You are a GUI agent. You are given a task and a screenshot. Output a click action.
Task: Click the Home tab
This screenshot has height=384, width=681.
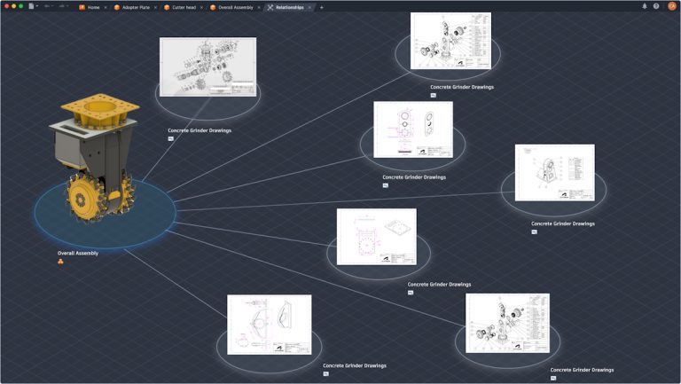[x=92, y=7]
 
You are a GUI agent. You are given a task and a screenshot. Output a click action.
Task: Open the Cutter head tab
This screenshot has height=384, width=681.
[x=184, y=7]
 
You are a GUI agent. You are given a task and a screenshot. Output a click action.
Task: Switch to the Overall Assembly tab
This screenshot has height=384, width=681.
[x=235, y=7]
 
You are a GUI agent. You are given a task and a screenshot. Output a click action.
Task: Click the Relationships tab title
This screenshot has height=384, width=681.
[x=289, y=7]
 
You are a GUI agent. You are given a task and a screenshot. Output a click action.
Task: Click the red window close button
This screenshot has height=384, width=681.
[x=6, y=6]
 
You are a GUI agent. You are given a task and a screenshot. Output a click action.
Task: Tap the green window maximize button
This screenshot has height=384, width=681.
[x=20, y=6]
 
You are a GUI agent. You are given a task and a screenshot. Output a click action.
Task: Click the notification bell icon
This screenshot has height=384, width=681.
[x=645, y=6]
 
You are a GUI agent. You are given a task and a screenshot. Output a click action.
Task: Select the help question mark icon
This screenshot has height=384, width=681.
[x=656, y=6]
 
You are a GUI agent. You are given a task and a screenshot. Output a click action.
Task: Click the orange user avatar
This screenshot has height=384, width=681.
[x=671, y=6]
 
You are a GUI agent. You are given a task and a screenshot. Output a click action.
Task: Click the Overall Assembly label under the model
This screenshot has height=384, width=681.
[x=78, y=253]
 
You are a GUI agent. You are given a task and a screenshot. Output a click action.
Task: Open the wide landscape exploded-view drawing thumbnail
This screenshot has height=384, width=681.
[x=207, y=67]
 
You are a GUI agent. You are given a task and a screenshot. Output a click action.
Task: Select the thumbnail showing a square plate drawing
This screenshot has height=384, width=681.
[x=376, y=237]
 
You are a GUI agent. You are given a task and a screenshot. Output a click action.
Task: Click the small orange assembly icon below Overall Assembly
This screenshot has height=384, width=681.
[x=61, y=262]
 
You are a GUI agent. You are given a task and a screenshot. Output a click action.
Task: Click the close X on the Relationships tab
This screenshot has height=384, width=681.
[x=309, y=7]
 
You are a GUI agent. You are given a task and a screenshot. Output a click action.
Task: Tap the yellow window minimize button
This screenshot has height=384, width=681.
[x=13, y=6]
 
